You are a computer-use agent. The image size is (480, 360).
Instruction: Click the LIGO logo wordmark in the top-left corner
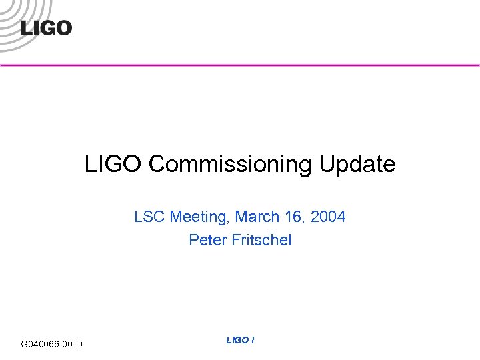46,28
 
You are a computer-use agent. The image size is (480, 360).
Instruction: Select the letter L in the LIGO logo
27,28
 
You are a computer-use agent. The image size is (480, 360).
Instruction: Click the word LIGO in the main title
114,164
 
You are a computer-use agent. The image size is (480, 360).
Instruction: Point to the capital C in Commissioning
157,164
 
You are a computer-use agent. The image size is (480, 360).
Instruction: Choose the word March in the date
257,217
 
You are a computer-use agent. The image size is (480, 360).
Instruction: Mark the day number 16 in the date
293,217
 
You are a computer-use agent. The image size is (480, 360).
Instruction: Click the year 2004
329,217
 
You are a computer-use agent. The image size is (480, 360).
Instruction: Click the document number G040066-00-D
52,344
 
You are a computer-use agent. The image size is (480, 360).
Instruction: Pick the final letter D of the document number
79,344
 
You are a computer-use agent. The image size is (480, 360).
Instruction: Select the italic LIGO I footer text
240,340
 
